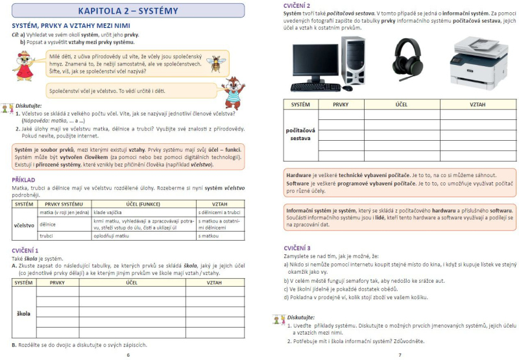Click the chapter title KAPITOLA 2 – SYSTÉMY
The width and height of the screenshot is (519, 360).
click(x=128, y=11)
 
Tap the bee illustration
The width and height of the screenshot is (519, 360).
click(x=214, y=63)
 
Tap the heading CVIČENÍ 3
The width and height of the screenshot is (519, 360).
click(x=297, y=248)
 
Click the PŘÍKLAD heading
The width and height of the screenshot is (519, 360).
click(x=23, y=179)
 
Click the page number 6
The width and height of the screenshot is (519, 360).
click(x=128, y=355)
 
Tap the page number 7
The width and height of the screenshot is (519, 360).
click(x=400, y=355)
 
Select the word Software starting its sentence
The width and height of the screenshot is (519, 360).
click(x=300, y=184)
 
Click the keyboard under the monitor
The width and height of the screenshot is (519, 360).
click(x=315, y=87)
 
